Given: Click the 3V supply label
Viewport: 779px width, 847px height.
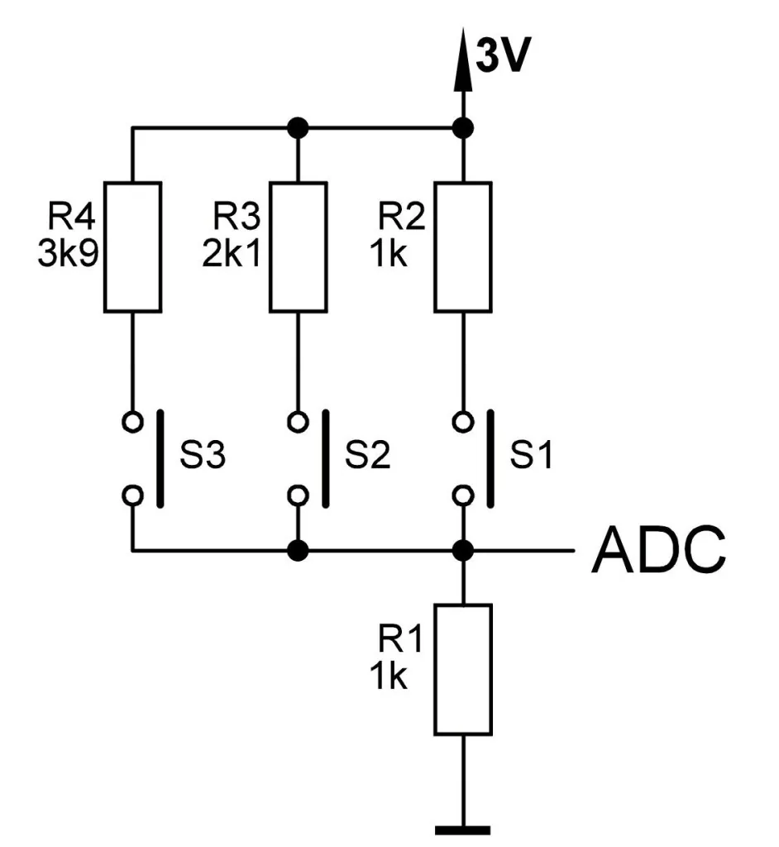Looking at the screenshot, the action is [x=504, y=55].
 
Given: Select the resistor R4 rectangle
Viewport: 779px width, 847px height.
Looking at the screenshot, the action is [x=133, y=246].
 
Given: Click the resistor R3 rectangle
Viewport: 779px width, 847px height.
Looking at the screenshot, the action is [x=299, y=246].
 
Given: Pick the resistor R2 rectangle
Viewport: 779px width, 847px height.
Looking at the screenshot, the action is [x=463, y=246].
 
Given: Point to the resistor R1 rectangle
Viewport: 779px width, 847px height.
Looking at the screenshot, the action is [x=463, y=670].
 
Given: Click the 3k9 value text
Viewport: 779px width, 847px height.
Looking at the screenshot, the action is [x=68, y=253].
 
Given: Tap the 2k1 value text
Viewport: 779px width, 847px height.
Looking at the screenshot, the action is [x=232, y=253].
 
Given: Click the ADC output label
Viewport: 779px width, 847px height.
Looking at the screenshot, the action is [x=658, y=550].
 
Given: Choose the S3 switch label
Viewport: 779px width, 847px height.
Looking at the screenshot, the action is [x=202, y=454].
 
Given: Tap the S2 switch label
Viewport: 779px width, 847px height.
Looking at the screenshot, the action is [x=367, y=454].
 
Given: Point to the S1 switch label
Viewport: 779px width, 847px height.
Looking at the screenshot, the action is [x=532, y=454].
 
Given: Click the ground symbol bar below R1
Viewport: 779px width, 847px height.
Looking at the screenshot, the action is [x=463, y=830].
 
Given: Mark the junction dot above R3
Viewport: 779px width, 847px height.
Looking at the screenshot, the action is [x=299, y=128].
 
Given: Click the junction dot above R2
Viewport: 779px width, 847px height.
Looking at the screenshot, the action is [x=463, y=128].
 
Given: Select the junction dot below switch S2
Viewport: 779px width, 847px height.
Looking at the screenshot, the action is [x=299, y=550].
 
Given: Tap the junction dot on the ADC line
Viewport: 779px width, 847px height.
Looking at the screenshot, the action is [x=463, y=550].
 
